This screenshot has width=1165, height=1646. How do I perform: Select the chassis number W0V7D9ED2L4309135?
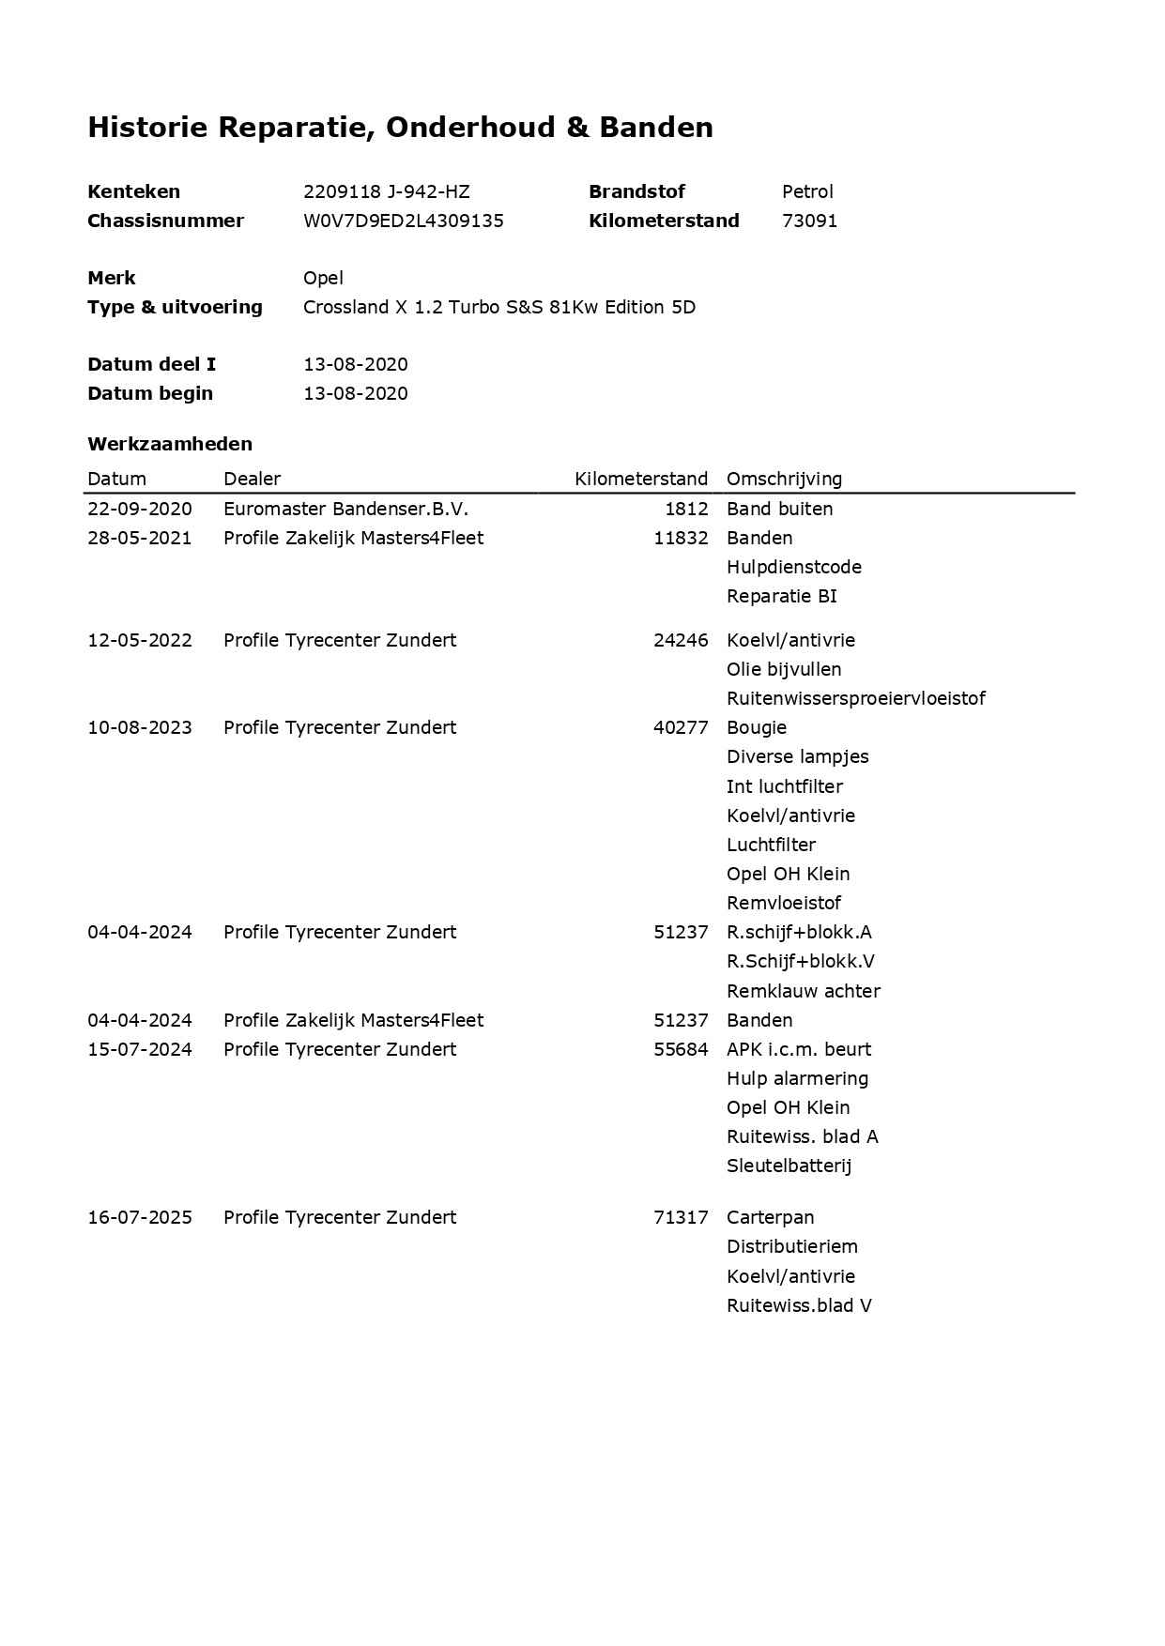[x=403, y=221]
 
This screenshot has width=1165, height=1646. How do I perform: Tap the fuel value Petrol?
[x=807, y=191]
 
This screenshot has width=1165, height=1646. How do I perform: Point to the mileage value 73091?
[x=809, y=221]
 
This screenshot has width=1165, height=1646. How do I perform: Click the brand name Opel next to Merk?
[x=323, y=278]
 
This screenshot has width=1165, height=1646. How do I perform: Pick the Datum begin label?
[x=150, y=393]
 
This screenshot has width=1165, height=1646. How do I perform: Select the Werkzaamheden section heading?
[x=170, y=444]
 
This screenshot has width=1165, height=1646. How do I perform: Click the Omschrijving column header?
[x=784, y=479]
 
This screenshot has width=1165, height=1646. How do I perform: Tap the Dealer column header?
[x=252, y=479]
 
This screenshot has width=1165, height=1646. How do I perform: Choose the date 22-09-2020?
[x=140, y=509]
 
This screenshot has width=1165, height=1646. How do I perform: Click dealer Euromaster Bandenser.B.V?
[x=345, y=509]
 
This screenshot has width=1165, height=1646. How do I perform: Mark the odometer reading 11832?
[x=681, y=538]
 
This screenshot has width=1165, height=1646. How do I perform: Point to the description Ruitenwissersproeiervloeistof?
[x=855, y=698]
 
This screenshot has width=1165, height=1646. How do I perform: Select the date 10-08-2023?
[x=140, y=727]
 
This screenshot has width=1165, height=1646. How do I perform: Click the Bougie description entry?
[x=756, y=727]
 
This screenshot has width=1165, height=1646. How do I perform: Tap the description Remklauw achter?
[x=803, y=991]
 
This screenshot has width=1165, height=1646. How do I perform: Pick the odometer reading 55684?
[x=681, y=1049]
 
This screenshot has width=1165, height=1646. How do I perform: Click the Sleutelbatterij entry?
[x=789, y=1166]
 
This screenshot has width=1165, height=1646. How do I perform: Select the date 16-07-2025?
[x=140, y=1217]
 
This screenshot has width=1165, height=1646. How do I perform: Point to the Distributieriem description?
[x=791, y=1246]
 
